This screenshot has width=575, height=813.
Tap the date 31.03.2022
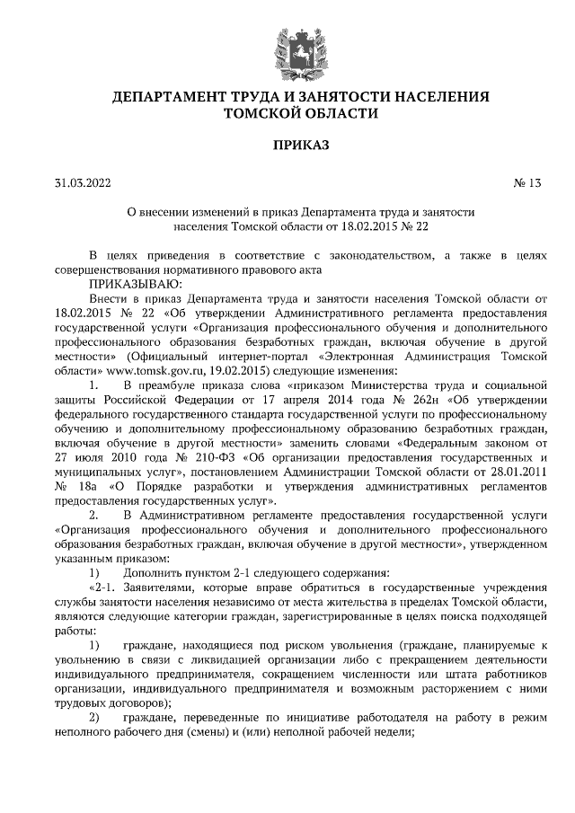(82, 183)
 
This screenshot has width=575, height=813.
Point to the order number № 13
(528, 183)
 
